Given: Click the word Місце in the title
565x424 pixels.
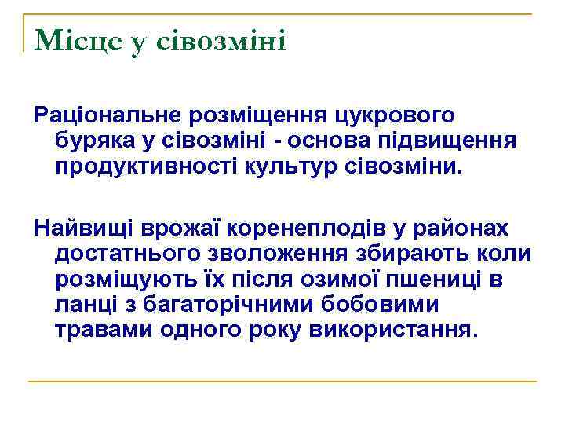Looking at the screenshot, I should point(78,40).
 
